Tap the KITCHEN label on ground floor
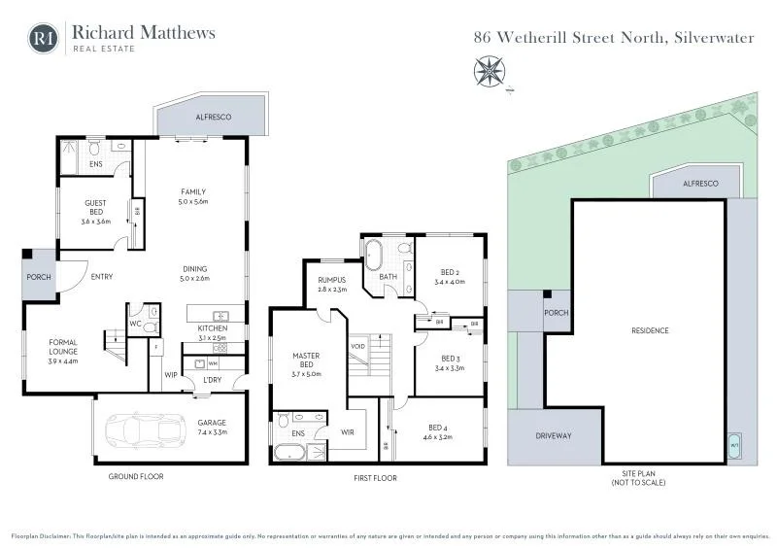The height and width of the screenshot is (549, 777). (x=212, y=328)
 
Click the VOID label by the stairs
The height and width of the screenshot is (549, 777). (x=357, y=346)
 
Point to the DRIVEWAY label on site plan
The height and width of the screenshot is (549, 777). (x=555, y=436)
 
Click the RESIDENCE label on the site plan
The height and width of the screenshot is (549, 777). (x=650, y=330)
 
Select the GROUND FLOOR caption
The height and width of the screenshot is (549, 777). (x=136, y=477)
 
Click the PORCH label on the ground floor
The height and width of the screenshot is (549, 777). (x=39, y=277)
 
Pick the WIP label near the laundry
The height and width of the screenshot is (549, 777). (x=170, y=373)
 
